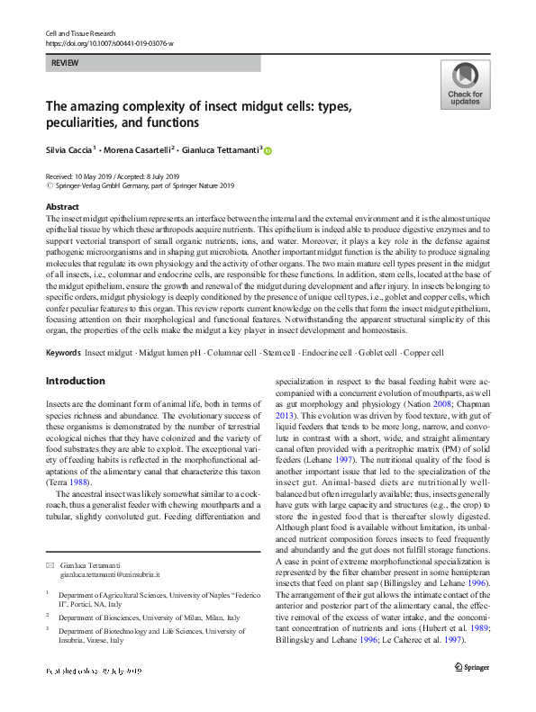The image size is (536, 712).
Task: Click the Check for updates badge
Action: click(x=464, y=85)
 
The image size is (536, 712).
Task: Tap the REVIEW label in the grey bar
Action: click(x=64, y=64)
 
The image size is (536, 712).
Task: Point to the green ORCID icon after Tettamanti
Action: click(x=267, y=151)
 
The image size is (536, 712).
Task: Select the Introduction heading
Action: click(x=75, y=381)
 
